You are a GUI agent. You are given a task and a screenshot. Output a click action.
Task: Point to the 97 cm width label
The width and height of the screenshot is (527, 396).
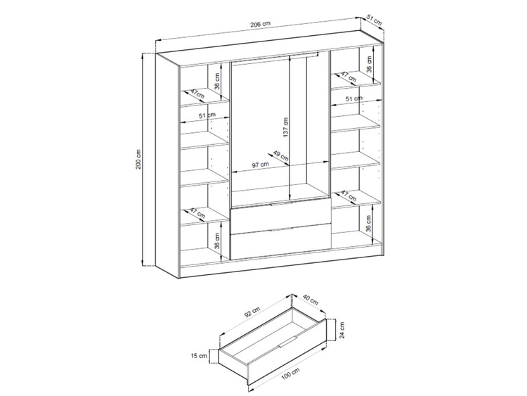coord(261,165)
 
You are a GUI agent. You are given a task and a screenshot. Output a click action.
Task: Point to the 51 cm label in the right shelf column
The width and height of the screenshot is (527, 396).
coord(353,98)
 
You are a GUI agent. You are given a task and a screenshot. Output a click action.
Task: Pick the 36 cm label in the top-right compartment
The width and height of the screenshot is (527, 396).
coord(369,65)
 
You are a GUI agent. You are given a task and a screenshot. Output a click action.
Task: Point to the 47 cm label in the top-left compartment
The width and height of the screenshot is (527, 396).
coord(196,94)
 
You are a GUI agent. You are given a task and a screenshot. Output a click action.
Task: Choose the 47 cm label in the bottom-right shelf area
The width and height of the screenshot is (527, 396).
coord(349,195)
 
